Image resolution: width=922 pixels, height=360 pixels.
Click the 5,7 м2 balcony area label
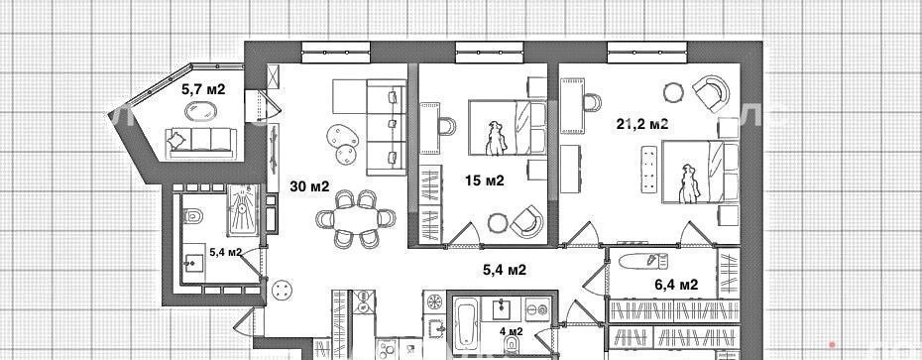pyautogui.click(x=203, y=89)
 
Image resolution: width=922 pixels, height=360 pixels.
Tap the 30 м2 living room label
pyautogui.click(x=309, y=186)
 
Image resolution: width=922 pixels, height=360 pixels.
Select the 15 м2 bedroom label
pyautogui.click(x=485, y=180)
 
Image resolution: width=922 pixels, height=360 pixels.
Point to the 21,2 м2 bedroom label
pyautogui.click(x=642, y=124)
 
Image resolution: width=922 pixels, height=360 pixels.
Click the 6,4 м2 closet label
pyautogui.click(x=676, y=286)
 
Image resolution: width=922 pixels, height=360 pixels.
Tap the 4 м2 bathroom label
pyautogui.click(x=511, y=330)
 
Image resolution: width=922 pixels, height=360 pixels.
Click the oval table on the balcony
pyautogui.click(x=201, y=111)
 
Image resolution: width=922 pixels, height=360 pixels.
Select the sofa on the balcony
pyautogui.click(x=201, y=143)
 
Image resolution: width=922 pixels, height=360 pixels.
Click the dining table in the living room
pyautogui.click(x=355, y=219)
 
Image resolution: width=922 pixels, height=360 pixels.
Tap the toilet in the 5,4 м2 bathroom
pyautogui.click(x=192, y=217)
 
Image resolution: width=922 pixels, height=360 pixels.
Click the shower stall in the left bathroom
pyautogui.click(x=242, y=210)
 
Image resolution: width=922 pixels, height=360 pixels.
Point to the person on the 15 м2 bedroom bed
pyautogui.click(x=495, y=139)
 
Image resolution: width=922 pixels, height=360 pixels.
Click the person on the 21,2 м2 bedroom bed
pyautogui.click(x=688, y=183)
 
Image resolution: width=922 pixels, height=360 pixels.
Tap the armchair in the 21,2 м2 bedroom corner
pyautogui.click(x=711, y=93)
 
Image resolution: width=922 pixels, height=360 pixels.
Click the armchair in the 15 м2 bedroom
pyautogui.click(x=526, y=221)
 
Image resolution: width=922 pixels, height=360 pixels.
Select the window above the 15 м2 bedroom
pyautogui.click(x=489, y=53)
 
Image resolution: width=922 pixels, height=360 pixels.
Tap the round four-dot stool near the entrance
pyautogui.click(x=283, y=289)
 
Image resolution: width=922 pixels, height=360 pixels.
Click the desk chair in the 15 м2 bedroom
pyautogui.click(x=447, y=126)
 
